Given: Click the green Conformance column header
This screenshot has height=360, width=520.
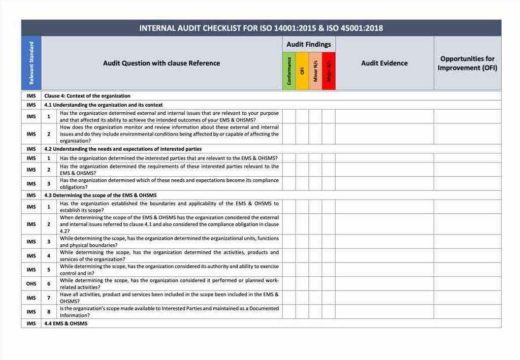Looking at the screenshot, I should pyautogui.click(x=289, y=71).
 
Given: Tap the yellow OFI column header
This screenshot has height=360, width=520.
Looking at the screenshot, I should pyautogui.click(x=302, y=71).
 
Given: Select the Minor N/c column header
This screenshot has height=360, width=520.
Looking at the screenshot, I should pyautogui.click(x=315, y=71).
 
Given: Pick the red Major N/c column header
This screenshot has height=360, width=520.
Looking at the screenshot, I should pyautogui.click(x=329, y=71).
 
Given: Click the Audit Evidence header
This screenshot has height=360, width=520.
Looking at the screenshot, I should pyautogui.click(x=384, y=63).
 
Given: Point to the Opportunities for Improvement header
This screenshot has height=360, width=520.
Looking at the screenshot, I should pyautogui.click(x=467, y=63).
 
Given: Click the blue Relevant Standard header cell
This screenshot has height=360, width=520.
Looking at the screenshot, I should pyautogui.click(x=31, y=63).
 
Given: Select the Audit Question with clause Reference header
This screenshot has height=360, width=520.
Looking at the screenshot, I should pyautogui.click(x=161, y=63).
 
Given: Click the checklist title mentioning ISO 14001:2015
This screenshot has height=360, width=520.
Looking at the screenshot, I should pyautogui.click(x=261, y=28).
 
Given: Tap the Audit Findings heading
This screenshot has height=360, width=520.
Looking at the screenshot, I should pyautogui.click(x=309, y=44).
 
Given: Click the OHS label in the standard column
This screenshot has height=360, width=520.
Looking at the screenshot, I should pyautogui.click(x=31, y=284).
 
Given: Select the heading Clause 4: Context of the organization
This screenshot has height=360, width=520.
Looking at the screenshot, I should pyautogui.click(x=87, y=96).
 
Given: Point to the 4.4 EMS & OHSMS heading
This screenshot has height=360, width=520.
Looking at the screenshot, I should pyautogui.click(x=66, y=323).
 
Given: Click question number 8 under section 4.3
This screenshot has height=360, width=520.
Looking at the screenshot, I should pyautogui.click(x=49, y=312).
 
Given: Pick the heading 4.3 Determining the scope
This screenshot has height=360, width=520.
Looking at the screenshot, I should pyautogui.click(x=101, y=195).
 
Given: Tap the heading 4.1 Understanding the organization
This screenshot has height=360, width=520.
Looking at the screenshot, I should pyautogui.click(x=104, y=105).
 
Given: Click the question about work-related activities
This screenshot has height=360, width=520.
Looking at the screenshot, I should pyautogui.click(x=169, y=284).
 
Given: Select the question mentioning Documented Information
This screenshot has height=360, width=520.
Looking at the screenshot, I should pyautogui.click(x=169, y=312).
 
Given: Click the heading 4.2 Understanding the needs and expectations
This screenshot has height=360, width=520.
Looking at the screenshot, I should pyautogui.click(x=123, y=149).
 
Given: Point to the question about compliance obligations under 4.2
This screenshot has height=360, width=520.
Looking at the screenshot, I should pyautogui.click(x=169, y=184).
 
